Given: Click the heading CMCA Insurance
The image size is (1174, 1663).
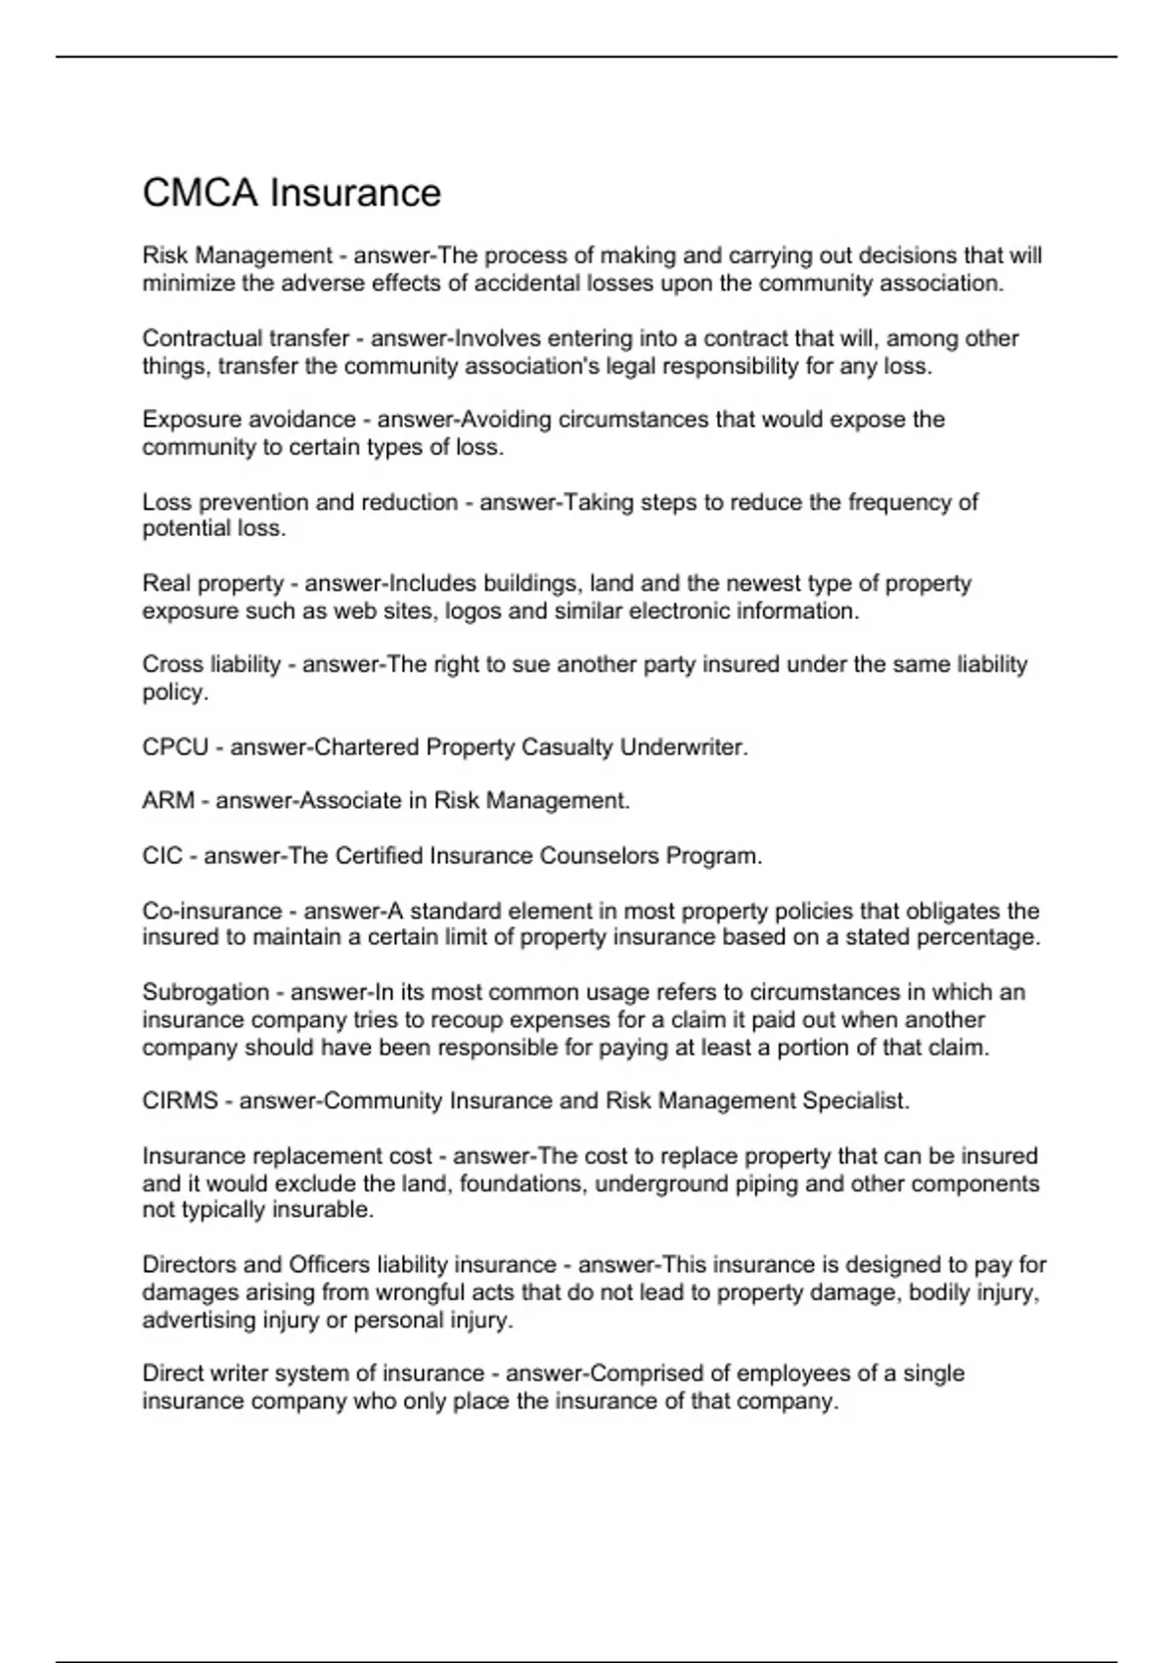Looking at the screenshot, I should pyautogui.click(x=292, y=193).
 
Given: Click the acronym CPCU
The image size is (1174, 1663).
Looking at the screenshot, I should pyautogui.click(x=175, y=747).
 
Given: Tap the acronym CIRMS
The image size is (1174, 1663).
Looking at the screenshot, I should pyautogui.click(x=180, y=1101).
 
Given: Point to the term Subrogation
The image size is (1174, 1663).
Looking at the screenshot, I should pyautogui.click(x=205, y=992).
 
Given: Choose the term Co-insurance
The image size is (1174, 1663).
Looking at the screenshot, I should pyautogui.click(x=211, y=911).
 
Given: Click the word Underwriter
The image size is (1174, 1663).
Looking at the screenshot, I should pyautogui.click(x=684, y=747).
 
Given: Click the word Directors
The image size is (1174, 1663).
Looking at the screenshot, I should pyautogui.click(x=187, y=1265).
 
